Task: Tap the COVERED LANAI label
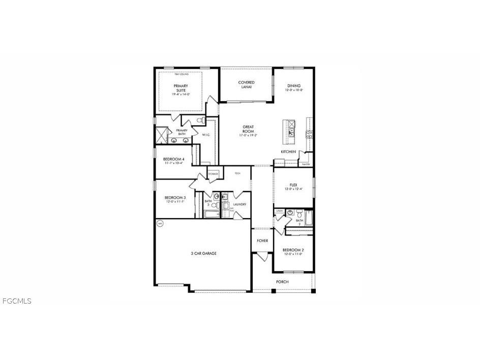[247, 84]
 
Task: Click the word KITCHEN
[288, 152]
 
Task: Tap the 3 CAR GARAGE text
[204, 253]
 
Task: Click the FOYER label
[262, 241]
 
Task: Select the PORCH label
[282, 282]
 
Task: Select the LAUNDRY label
[240, 204]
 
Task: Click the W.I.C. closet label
[206, 135]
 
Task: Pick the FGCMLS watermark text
[17, 301]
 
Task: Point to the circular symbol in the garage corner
[160, 223]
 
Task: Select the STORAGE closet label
[214, 174]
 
